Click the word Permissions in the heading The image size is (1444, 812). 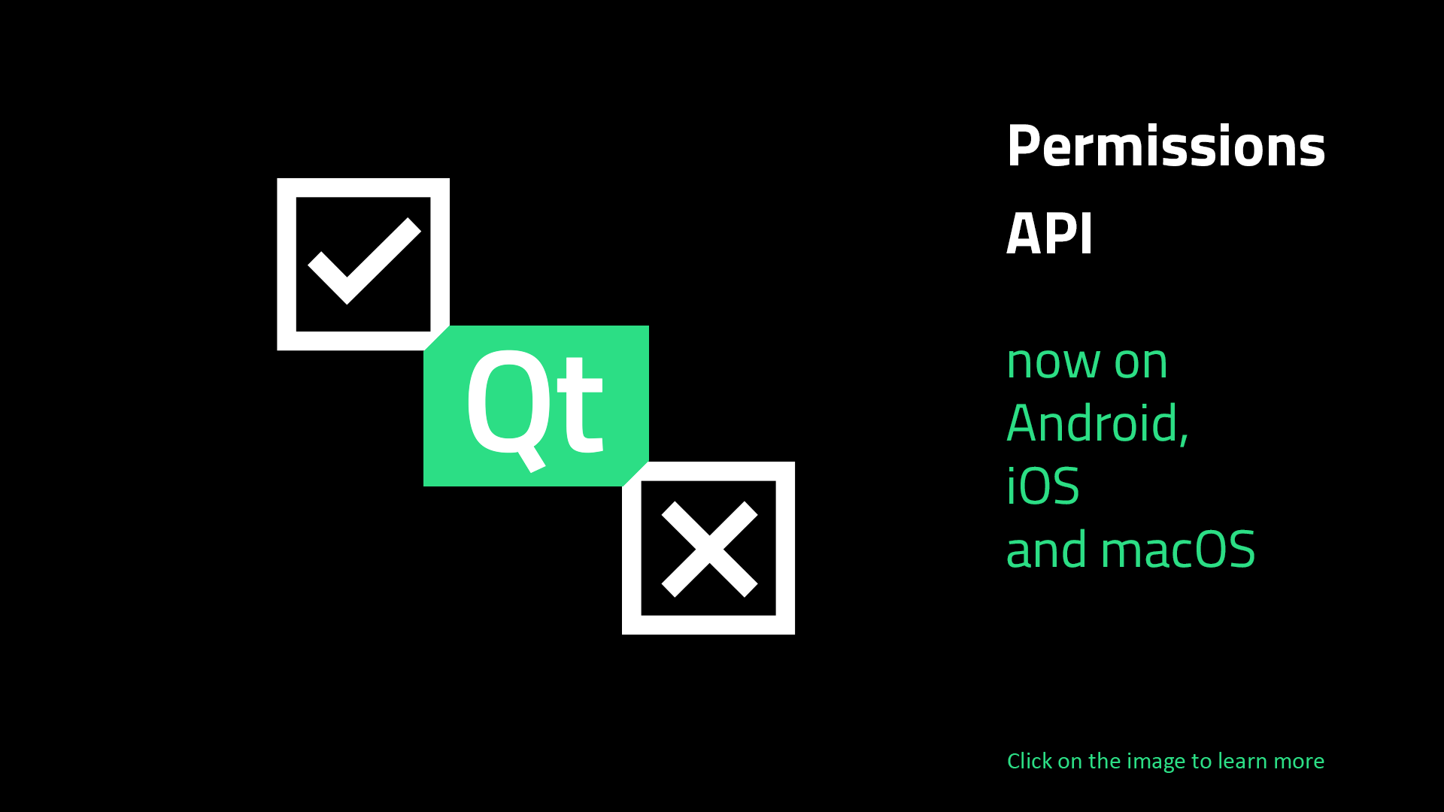click(1166, 146)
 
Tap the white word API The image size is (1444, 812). click(1049, 233)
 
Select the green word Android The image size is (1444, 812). click(1094, 423)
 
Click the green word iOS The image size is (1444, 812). click(1042, 486)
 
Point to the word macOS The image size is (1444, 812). click(1178, 549)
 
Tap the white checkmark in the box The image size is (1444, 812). click(365, 261)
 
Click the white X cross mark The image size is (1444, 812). click(709, 549)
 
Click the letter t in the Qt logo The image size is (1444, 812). click(581, 407)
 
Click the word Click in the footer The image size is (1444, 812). click(1030, 761)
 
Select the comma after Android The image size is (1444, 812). click(1185, 438)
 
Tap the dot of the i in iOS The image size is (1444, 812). click(1012, 468)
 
